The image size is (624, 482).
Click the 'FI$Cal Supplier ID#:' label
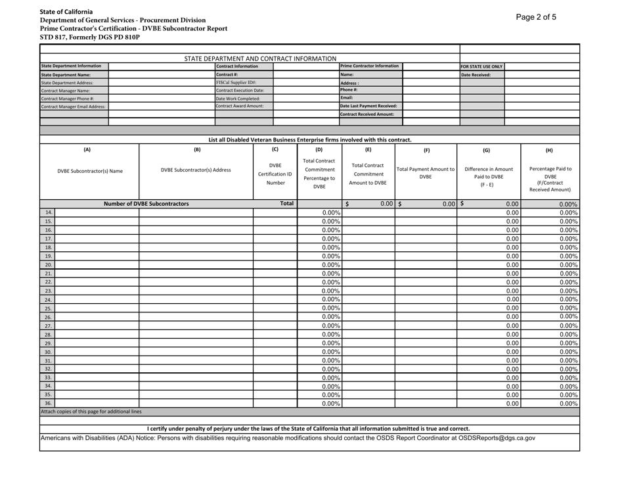[236, 82]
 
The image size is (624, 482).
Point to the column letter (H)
[552, 150]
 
